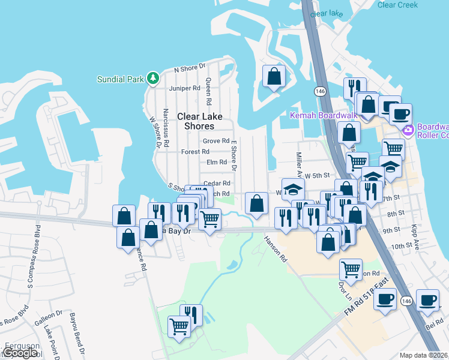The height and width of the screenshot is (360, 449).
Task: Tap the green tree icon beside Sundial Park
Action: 153,78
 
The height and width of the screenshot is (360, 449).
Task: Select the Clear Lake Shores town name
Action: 195,121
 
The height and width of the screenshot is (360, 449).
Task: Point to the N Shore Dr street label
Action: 189,68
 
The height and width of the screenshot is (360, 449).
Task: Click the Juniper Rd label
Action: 184,88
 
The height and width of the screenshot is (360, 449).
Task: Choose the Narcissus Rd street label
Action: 166,127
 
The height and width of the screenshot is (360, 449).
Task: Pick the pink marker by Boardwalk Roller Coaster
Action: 408,130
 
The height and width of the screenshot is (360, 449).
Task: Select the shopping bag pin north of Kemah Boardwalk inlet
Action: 274,76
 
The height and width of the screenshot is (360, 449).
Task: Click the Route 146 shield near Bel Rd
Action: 406,301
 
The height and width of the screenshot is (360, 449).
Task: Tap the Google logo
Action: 19,353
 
